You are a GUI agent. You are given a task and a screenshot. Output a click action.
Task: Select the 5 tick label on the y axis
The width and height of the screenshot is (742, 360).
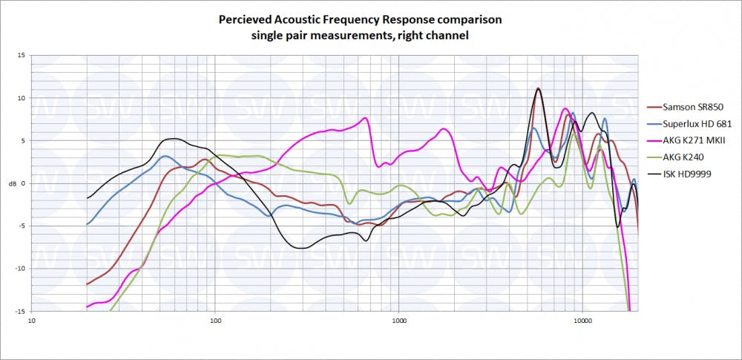coord(22,140)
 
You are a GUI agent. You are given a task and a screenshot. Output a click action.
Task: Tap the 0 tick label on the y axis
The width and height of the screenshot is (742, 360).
coord(22,183)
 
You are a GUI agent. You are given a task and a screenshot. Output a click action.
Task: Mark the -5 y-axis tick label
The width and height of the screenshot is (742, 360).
coord(21,226)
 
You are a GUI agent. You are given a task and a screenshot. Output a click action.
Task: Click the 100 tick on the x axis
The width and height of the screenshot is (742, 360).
coord(215,322)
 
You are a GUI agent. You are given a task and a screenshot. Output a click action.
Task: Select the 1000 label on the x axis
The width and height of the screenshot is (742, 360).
coord(399,322)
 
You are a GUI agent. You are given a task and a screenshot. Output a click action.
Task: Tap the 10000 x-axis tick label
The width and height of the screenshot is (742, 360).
coord(582,322)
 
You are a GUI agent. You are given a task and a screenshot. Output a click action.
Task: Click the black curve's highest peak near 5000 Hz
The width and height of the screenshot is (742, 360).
coord(538,88)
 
